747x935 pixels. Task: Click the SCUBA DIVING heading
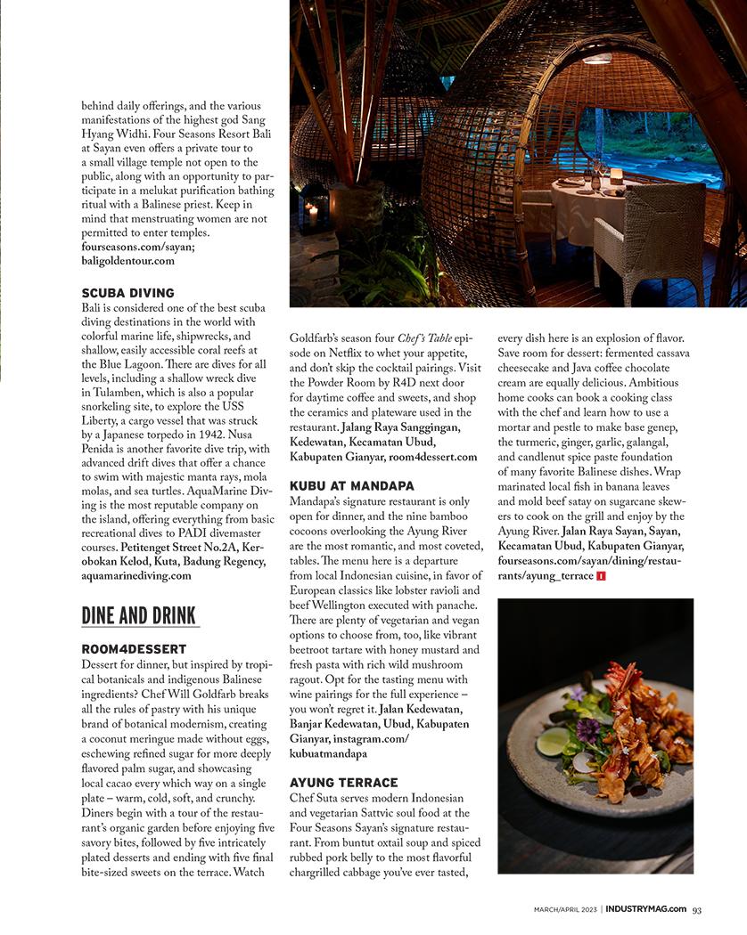(x=127, y=293)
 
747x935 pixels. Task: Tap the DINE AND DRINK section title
(x=139, y=615)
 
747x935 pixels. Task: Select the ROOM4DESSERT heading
(x=134, y=649)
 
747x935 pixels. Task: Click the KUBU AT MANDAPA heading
(x=352, y=486)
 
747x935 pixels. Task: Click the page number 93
(x=697, y=909)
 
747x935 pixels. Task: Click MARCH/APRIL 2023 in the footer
(x=566, y=909)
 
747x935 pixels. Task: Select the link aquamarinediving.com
(x=136, y=575)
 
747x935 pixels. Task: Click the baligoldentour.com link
(x=127, y=261)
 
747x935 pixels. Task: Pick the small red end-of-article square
(x=602, y=577)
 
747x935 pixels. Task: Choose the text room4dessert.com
(x=432, y=457)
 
